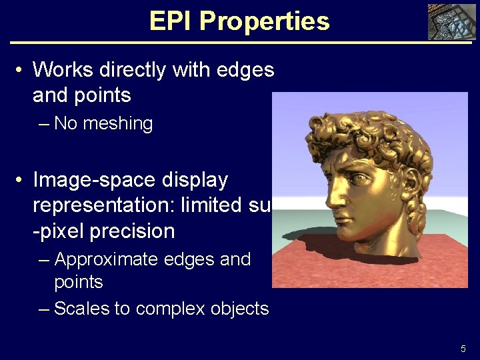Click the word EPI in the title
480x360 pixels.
click(171, 21)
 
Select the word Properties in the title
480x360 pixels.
click(264, 21)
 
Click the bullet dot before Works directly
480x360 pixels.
click(21, 70)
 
